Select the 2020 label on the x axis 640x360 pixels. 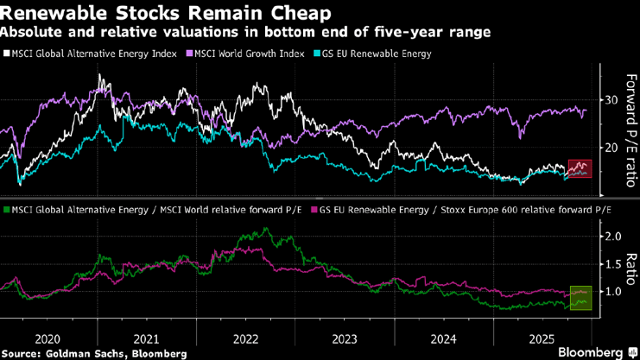47,338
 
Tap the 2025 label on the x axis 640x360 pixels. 541,338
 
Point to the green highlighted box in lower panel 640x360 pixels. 579,298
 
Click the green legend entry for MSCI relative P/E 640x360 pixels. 158,210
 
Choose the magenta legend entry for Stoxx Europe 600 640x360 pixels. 466,210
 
